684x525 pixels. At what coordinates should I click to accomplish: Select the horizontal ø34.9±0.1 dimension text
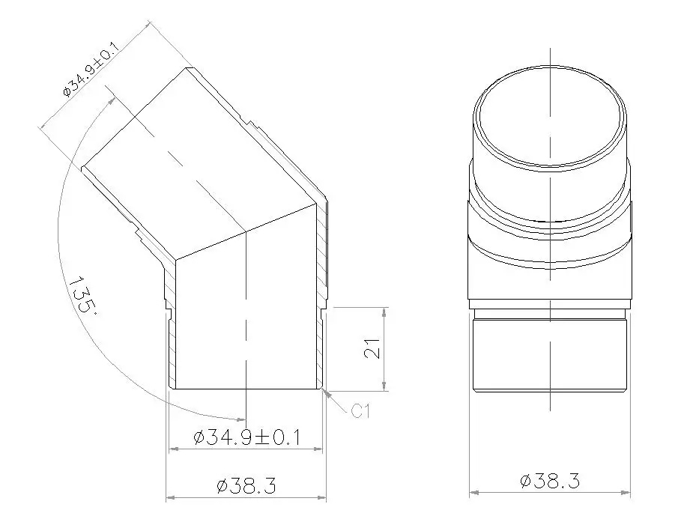point(246,437)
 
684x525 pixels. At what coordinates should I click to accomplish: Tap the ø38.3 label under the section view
point(246,486)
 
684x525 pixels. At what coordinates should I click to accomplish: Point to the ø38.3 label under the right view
point(550,481)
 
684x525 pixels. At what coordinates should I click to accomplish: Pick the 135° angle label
point(82,297)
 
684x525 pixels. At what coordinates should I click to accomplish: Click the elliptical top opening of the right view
point(551,118)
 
